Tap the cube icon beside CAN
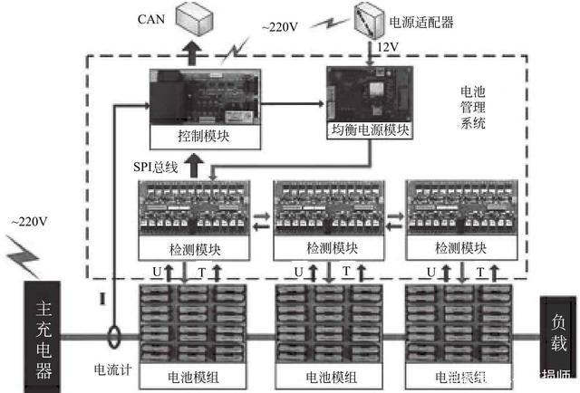(x=192, y=19)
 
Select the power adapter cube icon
(x=368, y=19)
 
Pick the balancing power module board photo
(x=368, y=94)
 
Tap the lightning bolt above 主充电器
(x=23, y=256)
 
